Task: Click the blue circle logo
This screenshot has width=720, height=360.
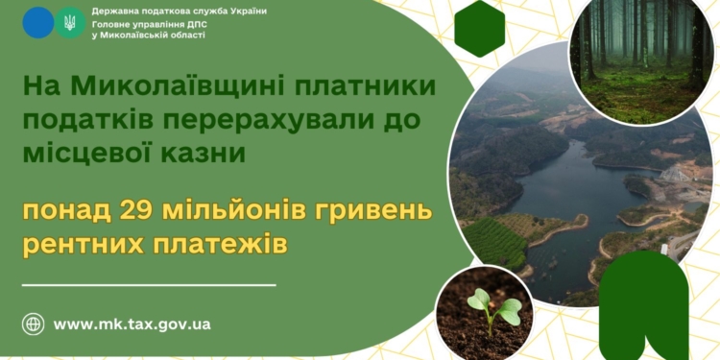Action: pyautogui.click(x=38, y=22)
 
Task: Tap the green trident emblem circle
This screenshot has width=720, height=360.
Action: pyautogui.click(x=70, y=22)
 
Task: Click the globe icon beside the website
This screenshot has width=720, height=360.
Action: pyautogui.click(x=34, y=324)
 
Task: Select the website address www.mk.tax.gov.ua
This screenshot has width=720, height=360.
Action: pyautogui.click(x=132, y=324)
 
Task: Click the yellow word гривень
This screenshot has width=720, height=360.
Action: pyautogui.click(x=369, y=210)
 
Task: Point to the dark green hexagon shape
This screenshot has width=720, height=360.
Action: pyautogui.click(x=480, y=28)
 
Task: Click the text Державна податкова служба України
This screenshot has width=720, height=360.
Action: pyautogui.click(x=180, y=11)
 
